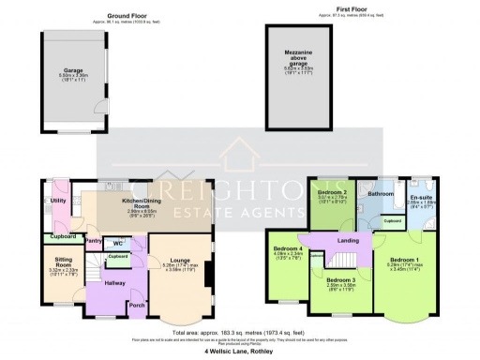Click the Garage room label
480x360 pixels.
click(x=73, y=69)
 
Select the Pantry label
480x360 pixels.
click(x=93, y=242)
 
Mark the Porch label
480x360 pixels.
click(x=136, y=305)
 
